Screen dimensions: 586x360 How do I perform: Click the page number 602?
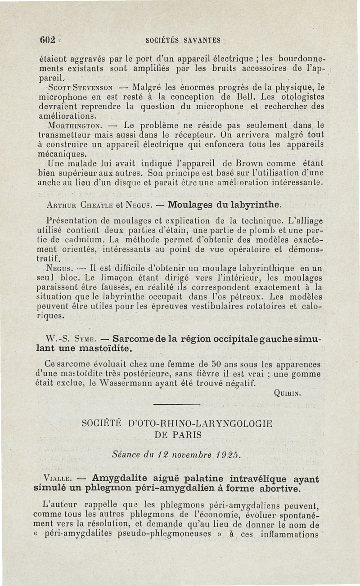coord(46,40)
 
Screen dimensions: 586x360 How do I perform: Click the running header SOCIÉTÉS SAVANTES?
coord(183,40)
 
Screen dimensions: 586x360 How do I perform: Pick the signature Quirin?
coord(286,392)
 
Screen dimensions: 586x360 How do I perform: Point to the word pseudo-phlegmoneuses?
coord(170,534)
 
